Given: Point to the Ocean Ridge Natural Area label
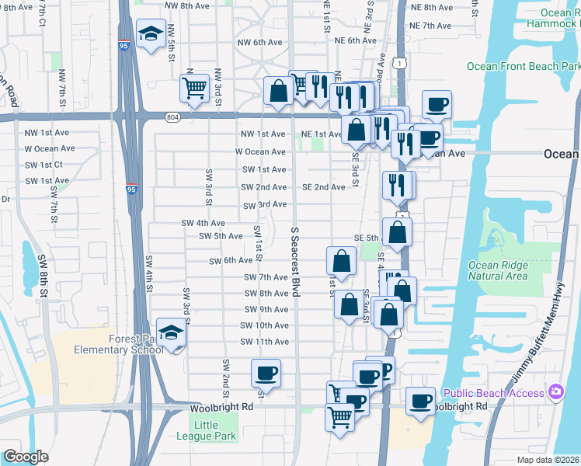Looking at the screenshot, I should [498, 270].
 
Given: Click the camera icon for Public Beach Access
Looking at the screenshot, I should [556, 393].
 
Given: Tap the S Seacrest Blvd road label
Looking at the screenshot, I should [295, 262].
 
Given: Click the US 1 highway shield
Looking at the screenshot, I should [398, 62].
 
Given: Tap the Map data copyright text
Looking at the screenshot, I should [548, 460].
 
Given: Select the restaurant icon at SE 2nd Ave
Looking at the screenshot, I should [398, 185].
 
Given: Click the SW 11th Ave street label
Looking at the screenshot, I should [264, 342].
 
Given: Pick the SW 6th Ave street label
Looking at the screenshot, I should [231, 261].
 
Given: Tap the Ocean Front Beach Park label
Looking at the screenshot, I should [524, 67].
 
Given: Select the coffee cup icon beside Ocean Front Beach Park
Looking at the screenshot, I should [437, 104].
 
